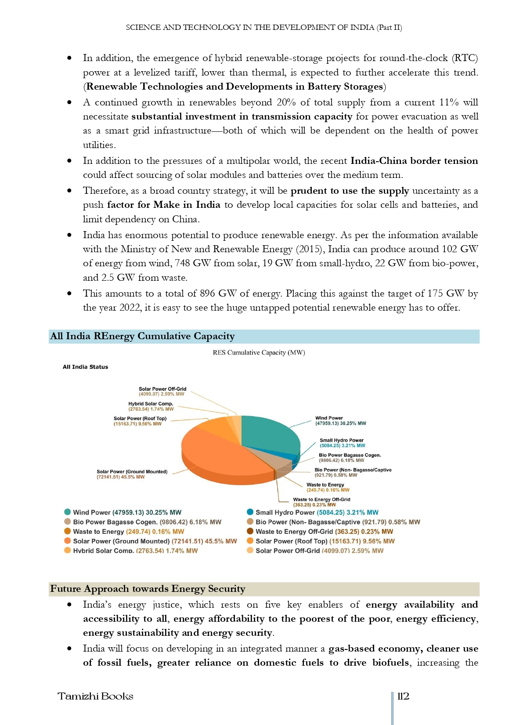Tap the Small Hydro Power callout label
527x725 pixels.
(x=342, y=443)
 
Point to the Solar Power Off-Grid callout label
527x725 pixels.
(x=162, y=391)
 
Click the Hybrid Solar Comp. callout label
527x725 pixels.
(x=151, y=406)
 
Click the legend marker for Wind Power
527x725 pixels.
(x=67, y=512)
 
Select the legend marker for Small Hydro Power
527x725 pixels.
(x=250, y=512)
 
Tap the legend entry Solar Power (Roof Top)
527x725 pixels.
(x=325, y=541)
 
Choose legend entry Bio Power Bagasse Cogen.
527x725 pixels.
(x=147, y=522)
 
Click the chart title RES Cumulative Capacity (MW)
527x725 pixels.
(x=259, y=352)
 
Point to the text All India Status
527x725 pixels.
(x=85, y=367)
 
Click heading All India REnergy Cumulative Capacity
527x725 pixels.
(x=142, y=336)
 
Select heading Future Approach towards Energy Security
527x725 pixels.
(x=148, y=589)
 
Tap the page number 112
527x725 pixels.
(x=403, y=696)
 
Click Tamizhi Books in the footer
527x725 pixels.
(x=95, y=696)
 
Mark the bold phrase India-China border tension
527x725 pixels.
(x=414, y=161)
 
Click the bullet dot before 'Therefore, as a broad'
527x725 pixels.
(x=69, y=191)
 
